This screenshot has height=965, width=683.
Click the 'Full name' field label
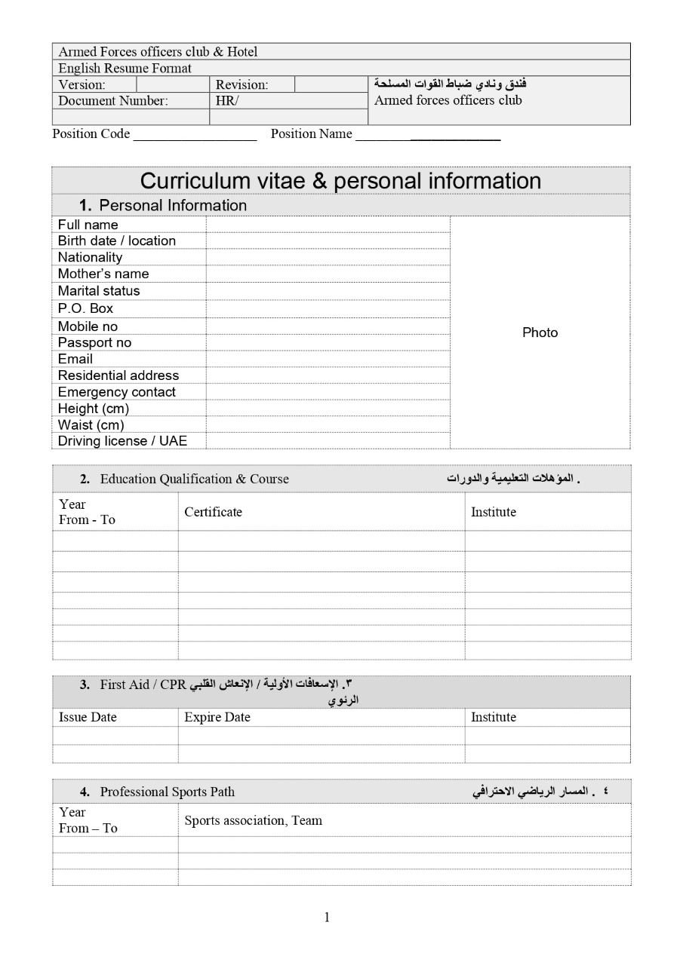(88, 225)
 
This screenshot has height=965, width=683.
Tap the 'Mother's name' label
(103, 274)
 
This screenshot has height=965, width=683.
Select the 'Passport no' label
(94, 342)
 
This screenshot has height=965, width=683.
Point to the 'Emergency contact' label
(116, 392)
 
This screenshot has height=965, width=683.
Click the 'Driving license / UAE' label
(122, 441)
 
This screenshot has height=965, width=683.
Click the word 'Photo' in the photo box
(540, 332)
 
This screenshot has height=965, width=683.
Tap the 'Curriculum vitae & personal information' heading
(340, 181)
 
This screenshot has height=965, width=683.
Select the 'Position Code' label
(91, 134)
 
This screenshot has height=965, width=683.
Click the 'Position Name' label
(311, 134)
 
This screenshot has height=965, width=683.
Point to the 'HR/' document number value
(226, 100)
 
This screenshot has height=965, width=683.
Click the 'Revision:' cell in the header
(242, 84)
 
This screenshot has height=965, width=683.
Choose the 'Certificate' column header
(213, 512)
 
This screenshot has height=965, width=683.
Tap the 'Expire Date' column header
(217, 717)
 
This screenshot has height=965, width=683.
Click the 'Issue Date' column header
(88, 717)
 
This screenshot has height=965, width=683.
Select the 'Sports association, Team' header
(253, 820)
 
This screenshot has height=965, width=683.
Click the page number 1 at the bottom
(327, 917)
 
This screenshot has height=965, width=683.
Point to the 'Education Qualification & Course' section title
(194, 479)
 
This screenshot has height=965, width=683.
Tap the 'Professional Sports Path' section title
(167, 792)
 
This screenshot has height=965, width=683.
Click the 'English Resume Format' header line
(125, 68)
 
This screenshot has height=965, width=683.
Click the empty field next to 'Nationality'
(328, 257)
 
